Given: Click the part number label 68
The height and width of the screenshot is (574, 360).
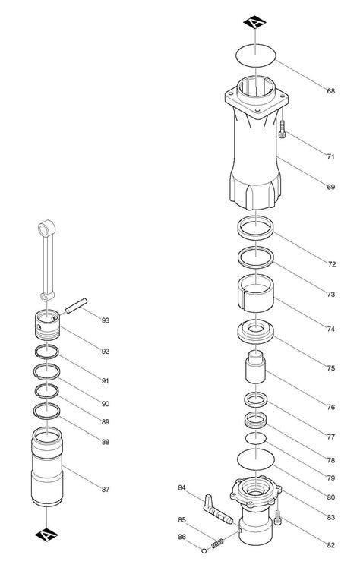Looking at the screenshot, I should tap(331, 91).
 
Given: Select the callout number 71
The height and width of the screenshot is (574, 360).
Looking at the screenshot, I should tap(331, 156).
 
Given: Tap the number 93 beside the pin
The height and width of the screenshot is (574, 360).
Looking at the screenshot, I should tap(106, 320).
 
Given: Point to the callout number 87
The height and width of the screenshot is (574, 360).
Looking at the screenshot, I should tap(106, 490).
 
